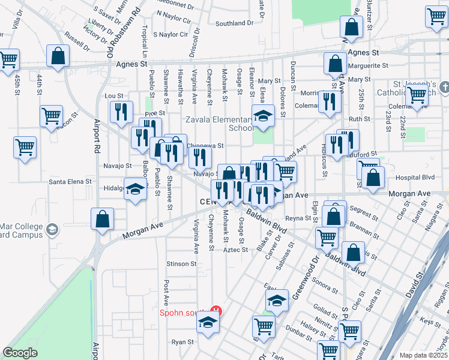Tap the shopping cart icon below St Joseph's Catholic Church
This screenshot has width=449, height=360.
tap(416, 94)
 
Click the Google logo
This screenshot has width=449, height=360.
tap(20, 353)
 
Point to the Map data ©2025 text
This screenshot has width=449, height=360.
tap(423, 355)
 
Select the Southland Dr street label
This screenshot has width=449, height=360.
tap(234, 23)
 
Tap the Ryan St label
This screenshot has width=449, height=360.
tap(182, 341)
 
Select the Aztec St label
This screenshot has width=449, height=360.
tap(236, 250)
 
